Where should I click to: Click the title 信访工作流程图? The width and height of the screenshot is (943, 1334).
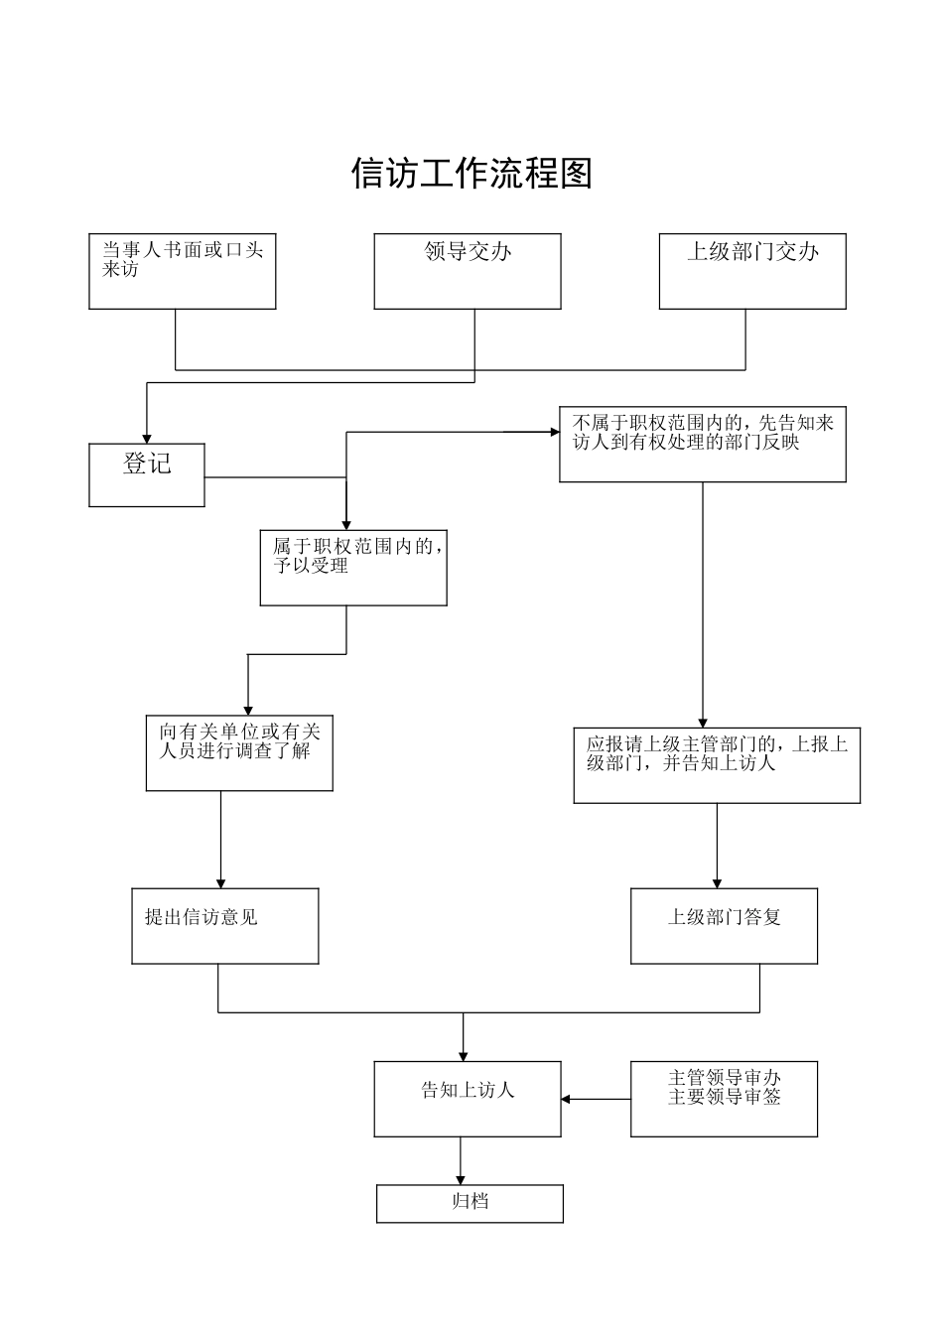pyautogui.click(x=471, y=174)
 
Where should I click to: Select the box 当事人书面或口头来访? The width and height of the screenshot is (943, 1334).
pyautogui.click(x=183, y=271)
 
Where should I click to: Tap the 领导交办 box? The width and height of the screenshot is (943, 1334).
pyautogui.click(x=468, y=271)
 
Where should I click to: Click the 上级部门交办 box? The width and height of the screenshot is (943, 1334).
pyautogui.click(x=752, y=271)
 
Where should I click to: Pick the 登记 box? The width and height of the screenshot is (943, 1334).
pyautogui.click(x=147, y=474)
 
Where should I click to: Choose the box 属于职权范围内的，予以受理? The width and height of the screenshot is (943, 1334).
pyautogui.click(x=353, y=568)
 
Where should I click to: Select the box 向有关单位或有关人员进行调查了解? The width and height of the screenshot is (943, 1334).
pyautogui.click(x=239, y=753)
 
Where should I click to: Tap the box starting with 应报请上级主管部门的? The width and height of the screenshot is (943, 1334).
pyautogui.click(x=717, y=765)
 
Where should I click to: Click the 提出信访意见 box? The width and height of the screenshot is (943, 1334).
pyautogui.click(x=225, y=925)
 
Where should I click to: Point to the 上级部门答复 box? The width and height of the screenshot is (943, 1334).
pyautogui.click(x=724, y=925)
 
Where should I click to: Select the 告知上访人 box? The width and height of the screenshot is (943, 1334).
pyautogui.click(x=468, y=1099)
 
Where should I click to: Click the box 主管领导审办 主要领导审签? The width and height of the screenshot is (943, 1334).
pyautogui.click(x=724, y=1099)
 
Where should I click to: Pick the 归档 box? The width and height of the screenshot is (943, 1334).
pyautogui.click(x=470, y=1203)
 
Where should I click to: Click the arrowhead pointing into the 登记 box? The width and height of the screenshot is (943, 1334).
pyautogui.click(x=147, y=437)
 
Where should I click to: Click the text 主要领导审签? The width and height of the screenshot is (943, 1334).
pyautogui.click(x=725, y=1098)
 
